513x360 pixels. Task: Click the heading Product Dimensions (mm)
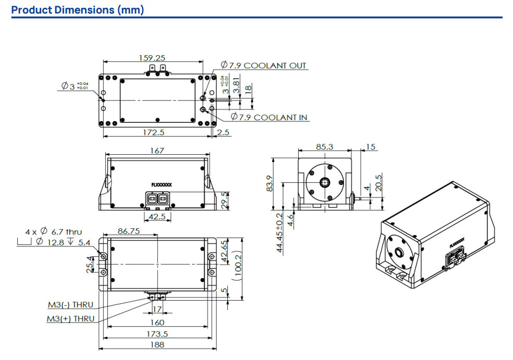point(78,10)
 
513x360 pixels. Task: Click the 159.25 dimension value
point(152,58)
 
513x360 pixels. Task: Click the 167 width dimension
point(156,151)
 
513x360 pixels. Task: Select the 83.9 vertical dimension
point(270,183)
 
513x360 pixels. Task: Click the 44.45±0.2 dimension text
point(279,233)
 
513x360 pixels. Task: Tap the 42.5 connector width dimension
point(157,216)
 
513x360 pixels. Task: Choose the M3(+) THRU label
point(71,318)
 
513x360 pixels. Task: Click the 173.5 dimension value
point(156,334)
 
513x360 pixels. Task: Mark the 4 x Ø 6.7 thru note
point(54,231)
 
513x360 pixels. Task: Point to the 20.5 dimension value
point(379,182)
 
